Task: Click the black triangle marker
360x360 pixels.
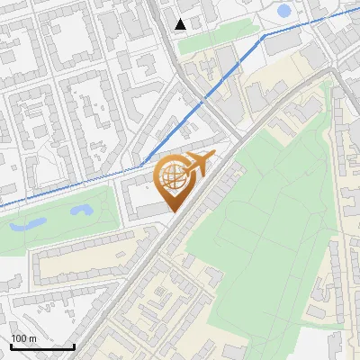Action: pyautogui.click(x=181, y=24)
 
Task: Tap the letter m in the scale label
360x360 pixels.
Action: pyautogui.click(x=32, y=338)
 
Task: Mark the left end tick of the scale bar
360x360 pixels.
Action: pyautogui.click(x=11, y=346)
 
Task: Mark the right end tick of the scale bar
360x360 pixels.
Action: pyautogui.click(x=74, y=346)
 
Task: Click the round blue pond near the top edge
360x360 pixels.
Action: pyautogui.click(x=284, y=12)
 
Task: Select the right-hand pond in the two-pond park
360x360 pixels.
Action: pyautogui.click(x=81, y=211)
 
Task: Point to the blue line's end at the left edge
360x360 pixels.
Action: pyautogui.click(x=2, y=206)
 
